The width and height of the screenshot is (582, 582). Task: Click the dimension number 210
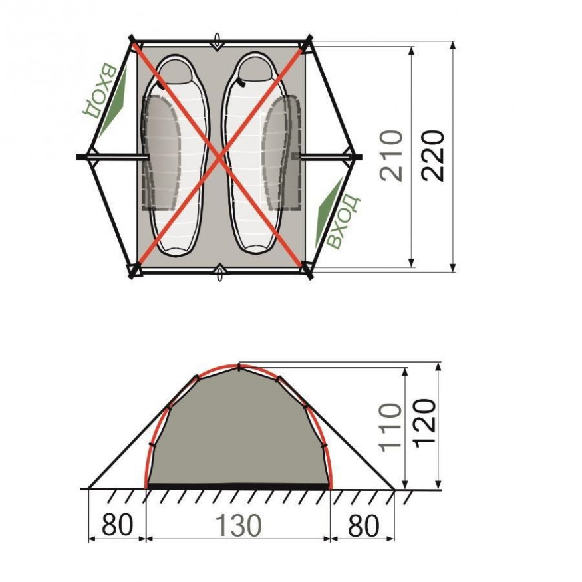tap(392, 156)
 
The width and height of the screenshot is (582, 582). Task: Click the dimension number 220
tap(433, 156)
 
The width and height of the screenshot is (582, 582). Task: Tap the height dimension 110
tap(390, 427)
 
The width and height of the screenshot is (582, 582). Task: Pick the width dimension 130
tap(238, 525)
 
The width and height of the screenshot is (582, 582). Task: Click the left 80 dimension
tap(117, 525)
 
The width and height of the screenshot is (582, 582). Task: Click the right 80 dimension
tap(364, 525)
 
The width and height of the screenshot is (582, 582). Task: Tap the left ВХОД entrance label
tap(99, 91)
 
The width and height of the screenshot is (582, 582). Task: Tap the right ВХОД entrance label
tap(343, 221)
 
